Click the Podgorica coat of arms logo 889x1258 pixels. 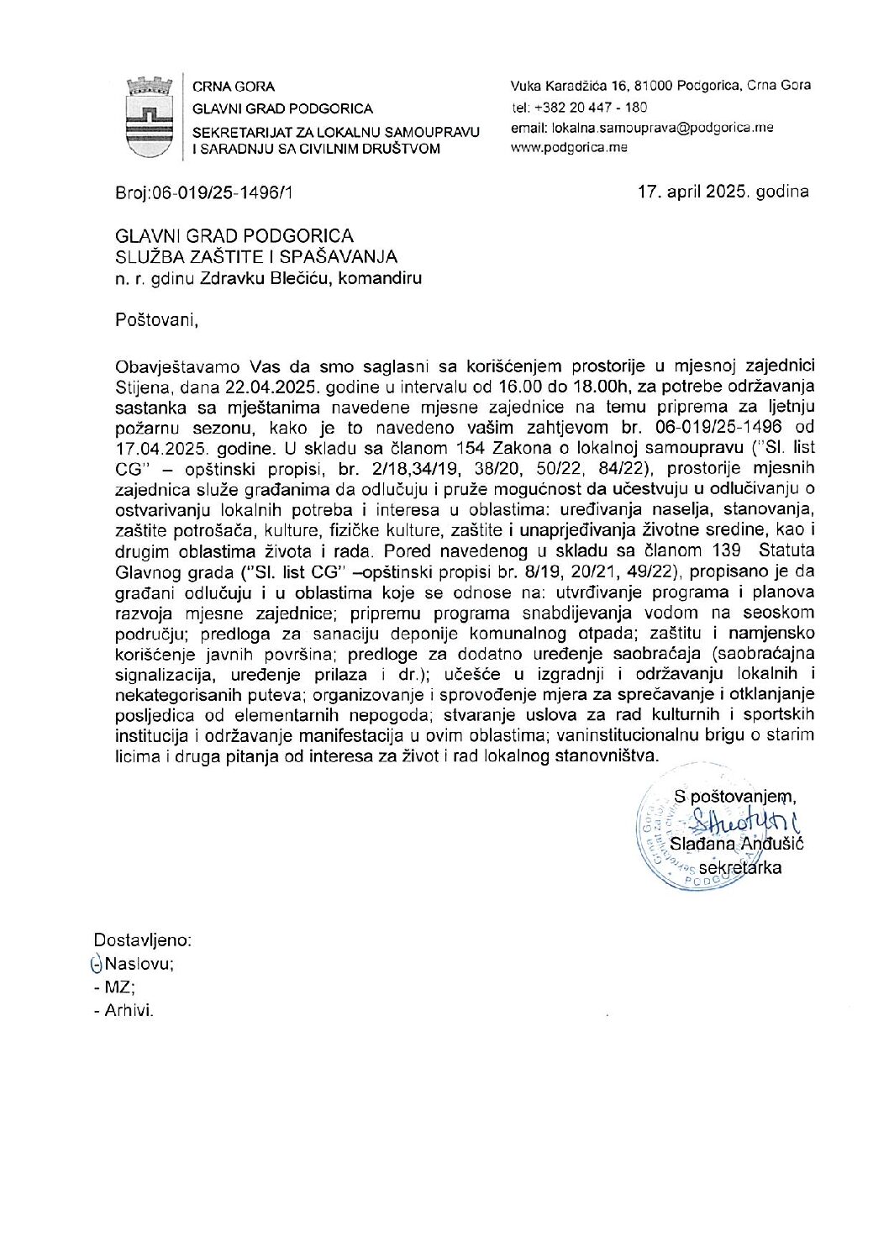coord(149,117)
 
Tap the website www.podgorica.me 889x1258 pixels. coord(569,147)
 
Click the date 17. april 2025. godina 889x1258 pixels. coord(723,192)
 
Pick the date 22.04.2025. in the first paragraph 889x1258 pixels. coord(272,387)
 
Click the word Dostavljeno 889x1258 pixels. coord(142,940)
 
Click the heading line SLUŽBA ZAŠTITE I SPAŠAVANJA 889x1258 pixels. coord(256,257)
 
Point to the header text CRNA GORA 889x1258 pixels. coord(234,87)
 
